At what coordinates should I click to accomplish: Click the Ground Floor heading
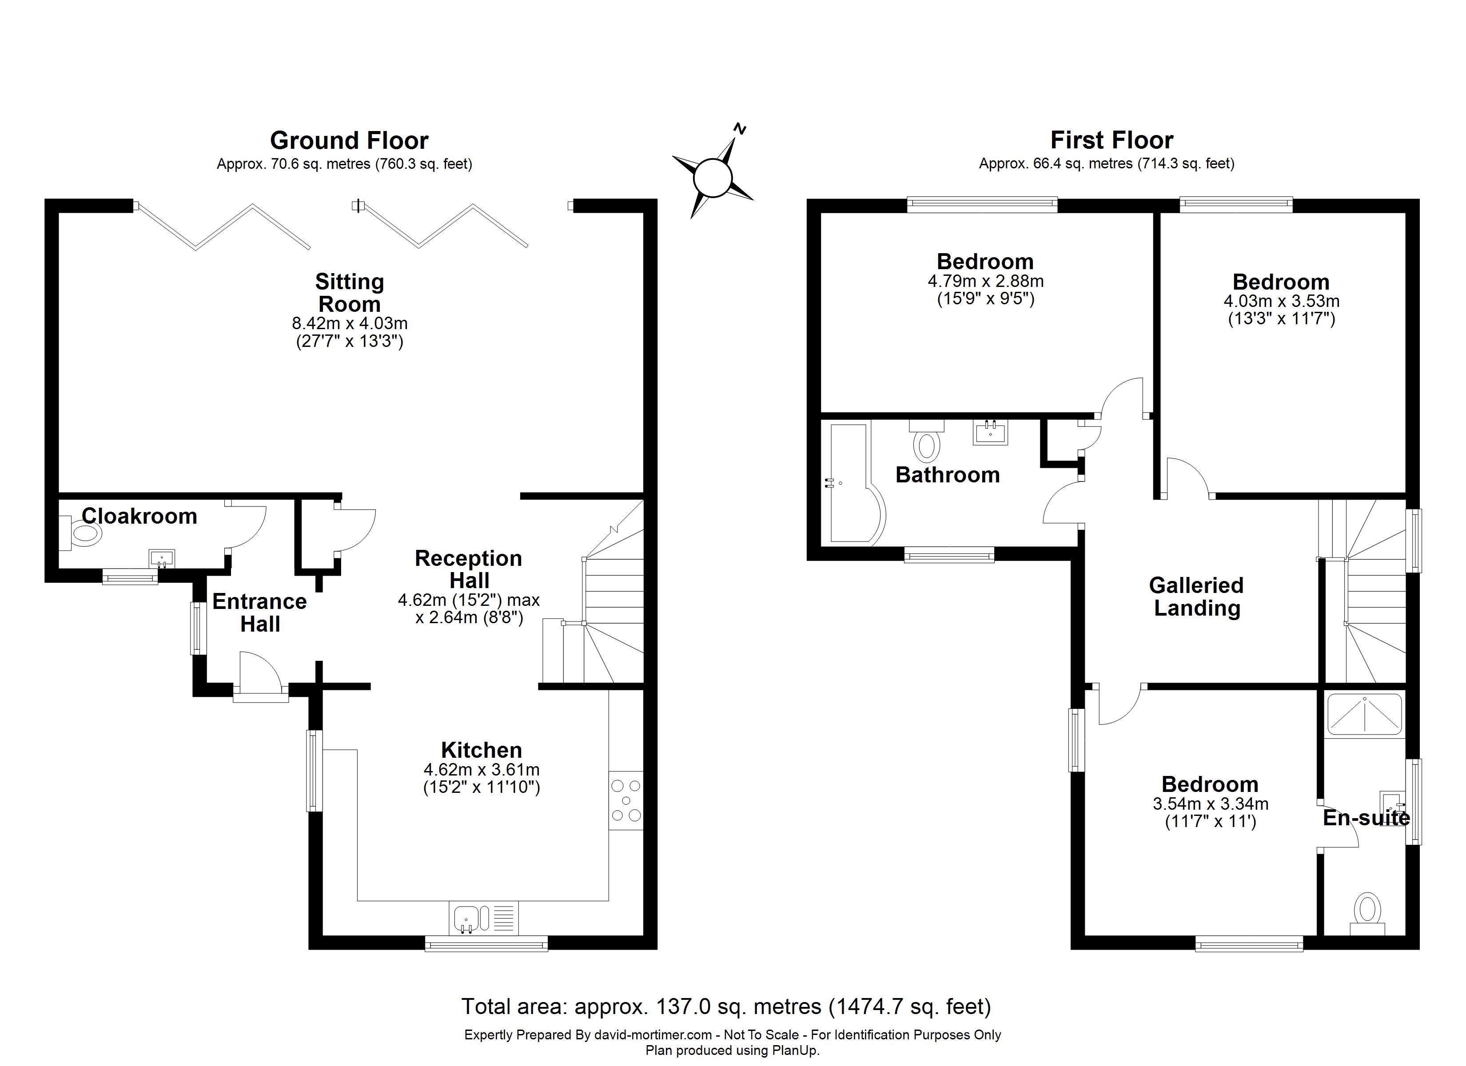tap(349, 140)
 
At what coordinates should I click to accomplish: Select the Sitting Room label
tap(350, 293)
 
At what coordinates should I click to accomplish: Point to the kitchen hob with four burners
tap(625, 801)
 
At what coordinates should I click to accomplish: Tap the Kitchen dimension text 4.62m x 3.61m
tap(482, 769)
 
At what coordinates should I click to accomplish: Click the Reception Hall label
tap(469, 569)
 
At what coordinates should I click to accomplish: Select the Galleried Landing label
tap(1196, 596)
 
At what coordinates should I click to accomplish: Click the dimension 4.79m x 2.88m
tap(986, 281)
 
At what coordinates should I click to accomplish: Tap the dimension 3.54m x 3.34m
tap(1211, 803)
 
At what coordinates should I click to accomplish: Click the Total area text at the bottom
tap(726, 1006)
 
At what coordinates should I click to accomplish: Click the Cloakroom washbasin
tap(162, 558)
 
